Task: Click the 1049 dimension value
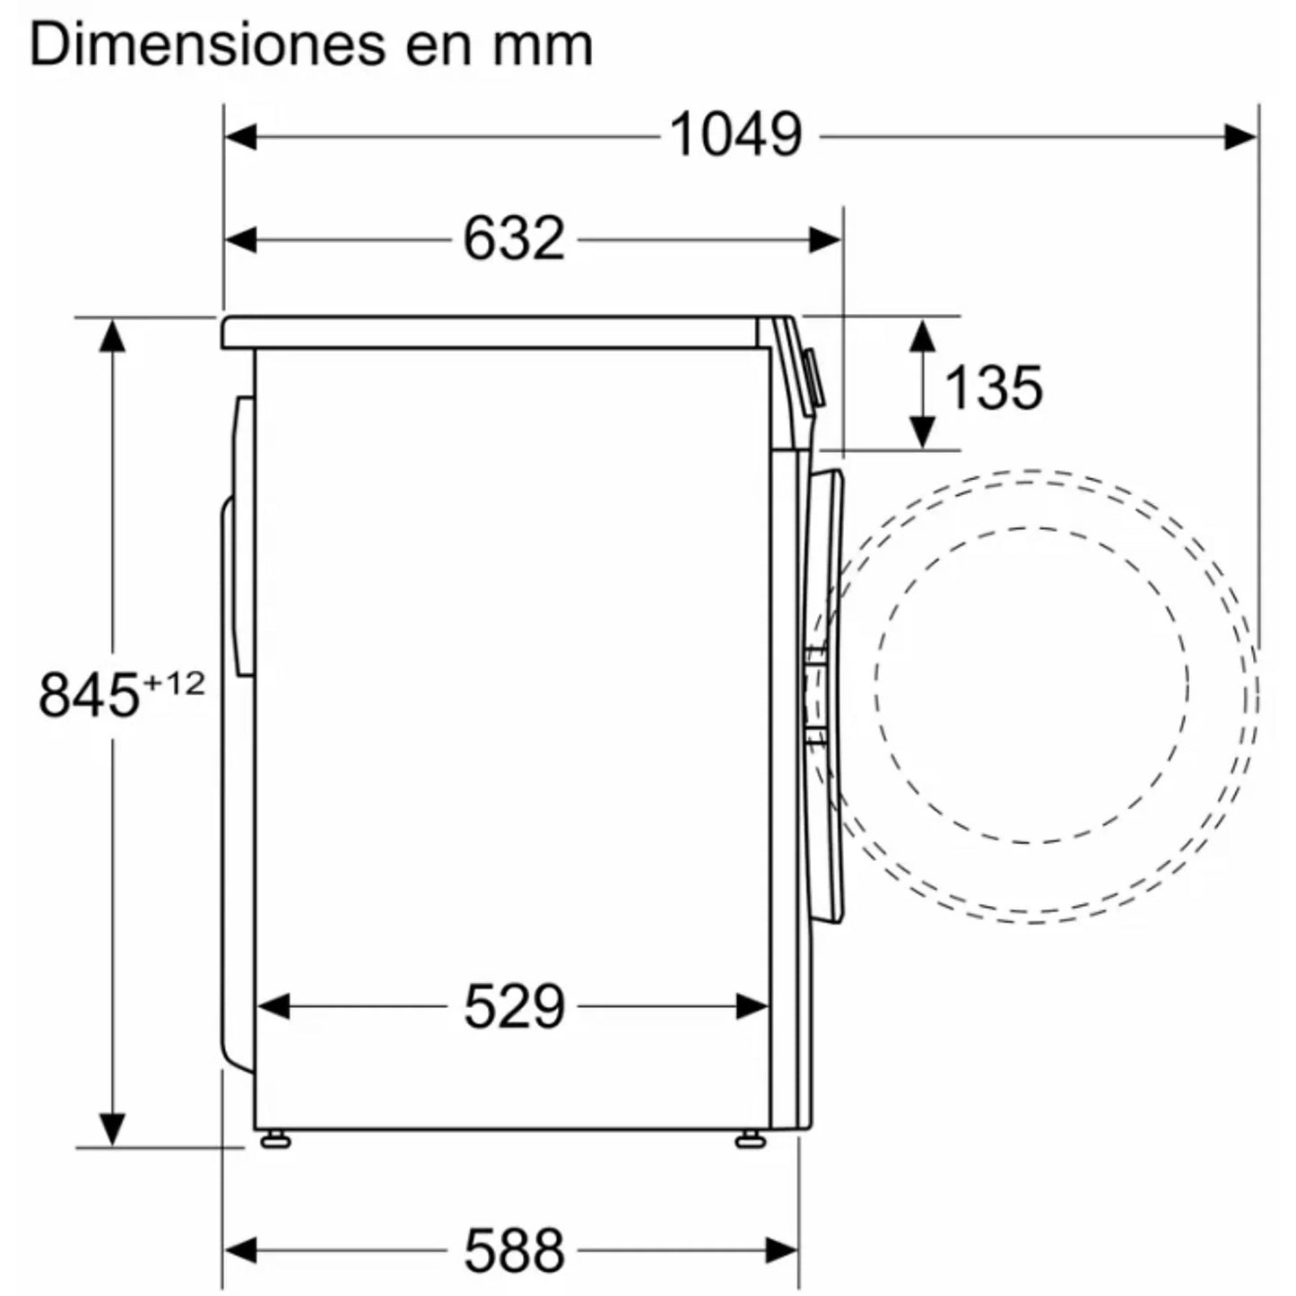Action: pos(735,136)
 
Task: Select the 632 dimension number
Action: pos(514,239)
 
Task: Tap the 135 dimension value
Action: pos(994,388)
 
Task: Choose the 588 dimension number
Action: pos(514,1231)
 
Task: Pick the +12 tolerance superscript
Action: pos(173,684)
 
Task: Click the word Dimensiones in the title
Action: pos(208,46)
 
